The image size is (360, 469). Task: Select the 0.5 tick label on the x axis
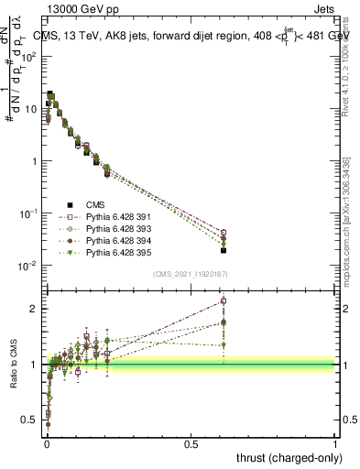[191, 442]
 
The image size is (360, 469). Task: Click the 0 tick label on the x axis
[46, 442]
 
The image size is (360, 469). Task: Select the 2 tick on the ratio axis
[36, 309]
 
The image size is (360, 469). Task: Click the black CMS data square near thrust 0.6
[224, 250]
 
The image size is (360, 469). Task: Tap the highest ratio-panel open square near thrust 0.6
[224, 300]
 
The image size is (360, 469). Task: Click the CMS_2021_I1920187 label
[191, 274]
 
